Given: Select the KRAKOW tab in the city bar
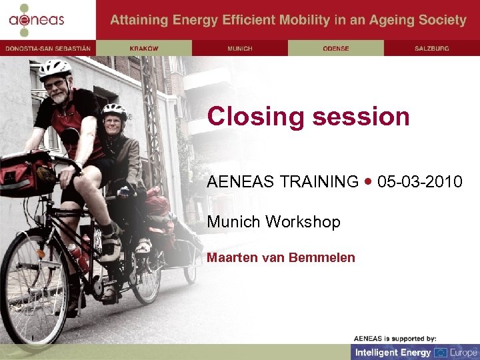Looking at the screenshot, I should click(144, 48).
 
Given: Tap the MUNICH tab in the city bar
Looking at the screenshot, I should click(240, 48).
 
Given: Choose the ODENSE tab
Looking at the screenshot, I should click(336, 48).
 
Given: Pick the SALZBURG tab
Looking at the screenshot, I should click(432, 48).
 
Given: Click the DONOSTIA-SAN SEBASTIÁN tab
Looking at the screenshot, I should click(48, 48).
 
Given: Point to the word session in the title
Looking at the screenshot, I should click(361, 117).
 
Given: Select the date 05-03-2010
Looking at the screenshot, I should click(419, 181).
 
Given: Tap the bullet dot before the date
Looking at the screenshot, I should click(369, 181).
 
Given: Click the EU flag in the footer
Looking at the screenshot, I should click(441, 352).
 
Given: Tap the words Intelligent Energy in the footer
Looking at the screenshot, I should click(393, 352).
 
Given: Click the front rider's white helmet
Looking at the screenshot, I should click(55, 69).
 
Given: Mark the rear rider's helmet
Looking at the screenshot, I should click(114, 110).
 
